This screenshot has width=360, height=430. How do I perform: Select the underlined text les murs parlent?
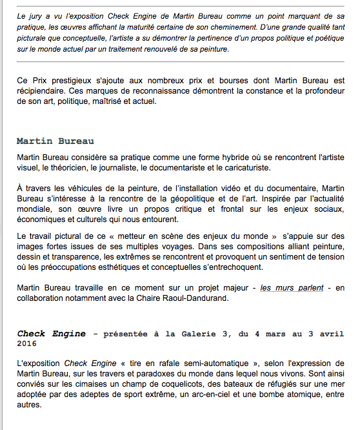pyautogui.click(x=292, y=287)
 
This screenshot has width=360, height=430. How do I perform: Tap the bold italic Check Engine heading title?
pyautogui.click(x=51, y=334)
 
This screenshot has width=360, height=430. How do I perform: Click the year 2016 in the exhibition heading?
pyautogui.click(x=28, y=345)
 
